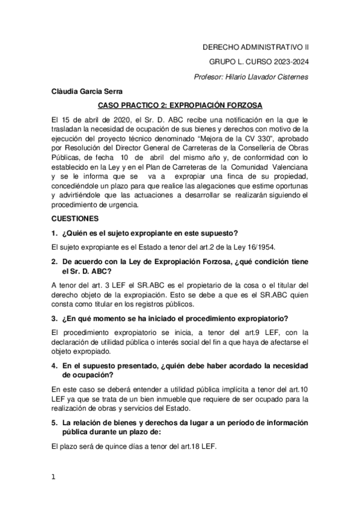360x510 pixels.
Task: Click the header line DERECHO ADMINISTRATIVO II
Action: pyautogui.click(x=255, y=46)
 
